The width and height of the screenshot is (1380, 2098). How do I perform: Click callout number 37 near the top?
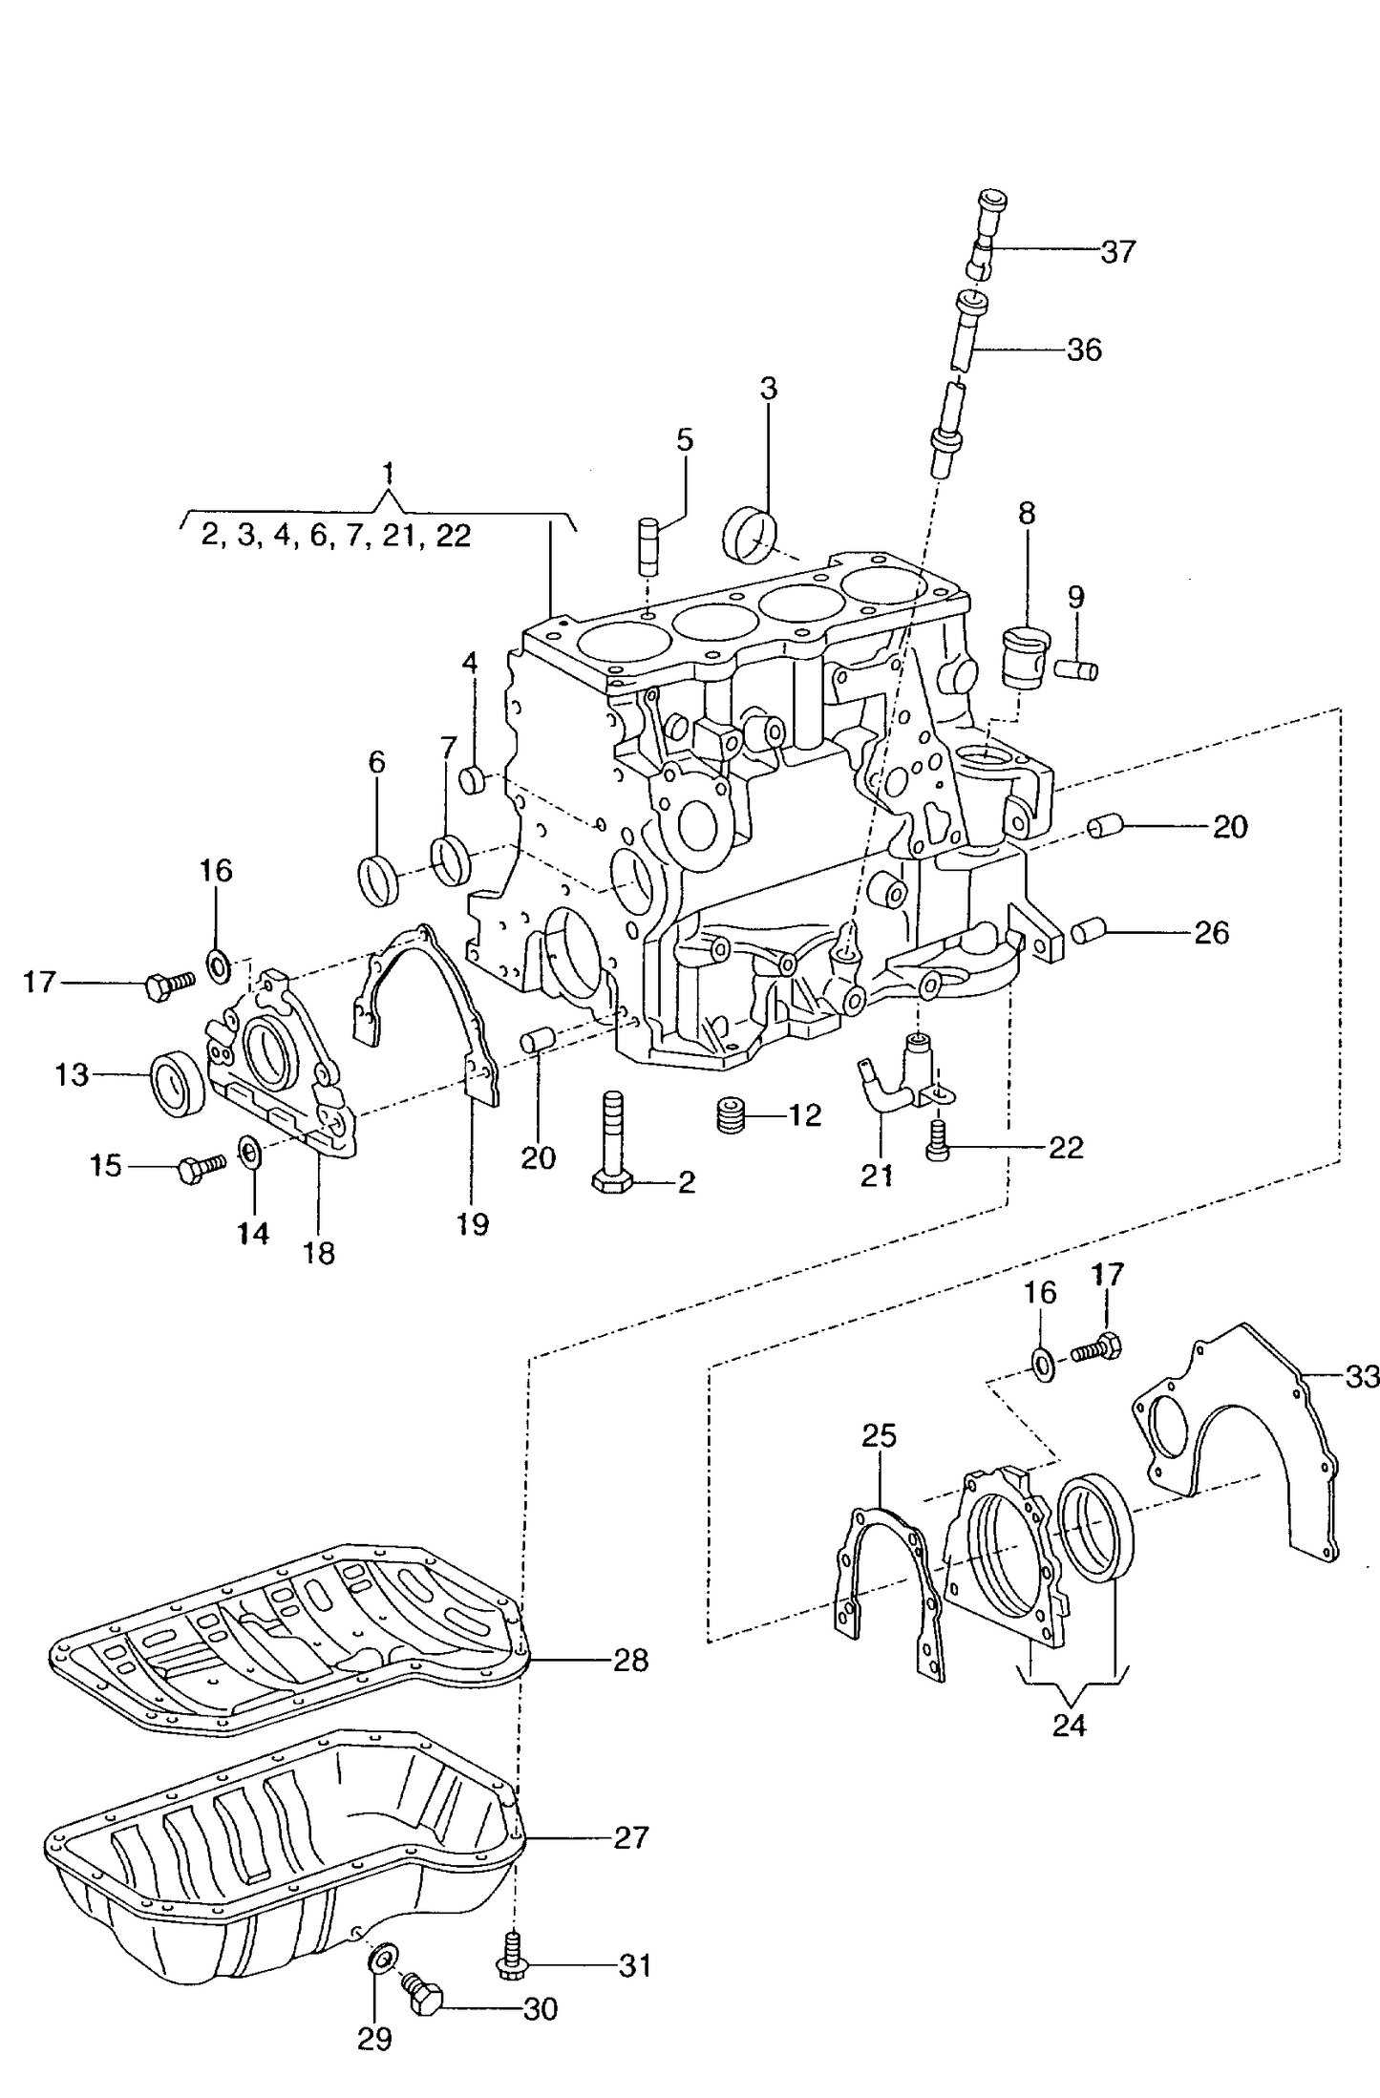coord(1117,252)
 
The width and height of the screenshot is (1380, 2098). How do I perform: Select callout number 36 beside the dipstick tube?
coord(1084,350)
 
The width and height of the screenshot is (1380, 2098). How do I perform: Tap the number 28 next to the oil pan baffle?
coord(631,1660)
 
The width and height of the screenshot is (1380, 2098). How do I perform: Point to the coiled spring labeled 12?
coord(731,1115)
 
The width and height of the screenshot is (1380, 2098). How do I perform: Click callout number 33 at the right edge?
coord(1362,1377)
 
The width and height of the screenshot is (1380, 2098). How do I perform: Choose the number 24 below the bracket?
coord(1069,1726)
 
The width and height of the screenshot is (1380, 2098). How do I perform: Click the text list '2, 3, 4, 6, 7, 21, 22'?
coord(336,536)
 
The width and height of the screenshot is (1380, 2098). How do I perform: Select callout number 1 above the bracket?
coord(387,473)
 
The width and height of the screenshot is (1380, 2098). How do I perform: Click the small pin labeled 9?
coord(1076,669)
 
